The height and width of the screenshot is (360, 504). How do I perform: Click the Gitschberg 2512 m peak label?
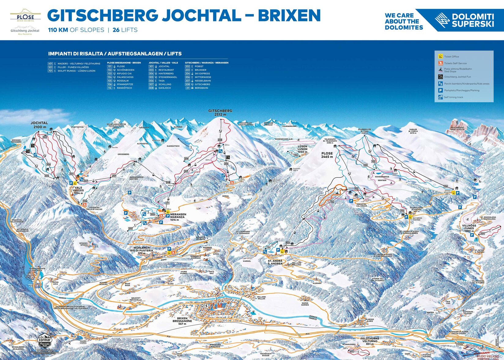click(220, 113)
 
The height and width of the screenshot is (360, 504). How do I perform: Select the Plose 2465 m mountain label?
click(327, 155)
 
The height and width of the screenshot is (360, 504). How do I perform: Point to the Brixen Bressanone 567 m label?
click(182, 321)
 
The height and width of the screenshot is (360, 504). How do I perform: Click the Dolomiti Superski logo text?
click(472, 20)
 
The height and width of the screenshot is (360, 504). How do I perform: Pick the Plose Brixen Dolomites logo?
click(25, 17)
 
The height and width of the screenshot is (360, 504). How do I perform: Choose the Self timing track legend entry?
click(453, 97)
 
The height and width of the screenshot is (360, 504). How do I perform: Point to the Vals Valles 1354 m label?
click(78, 190)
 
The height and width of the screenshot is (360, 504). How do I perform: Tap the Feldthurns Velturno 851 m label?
click(370, 341)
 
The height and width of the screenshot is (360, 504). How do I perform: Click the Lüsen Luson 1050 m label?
click(302, 149)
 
